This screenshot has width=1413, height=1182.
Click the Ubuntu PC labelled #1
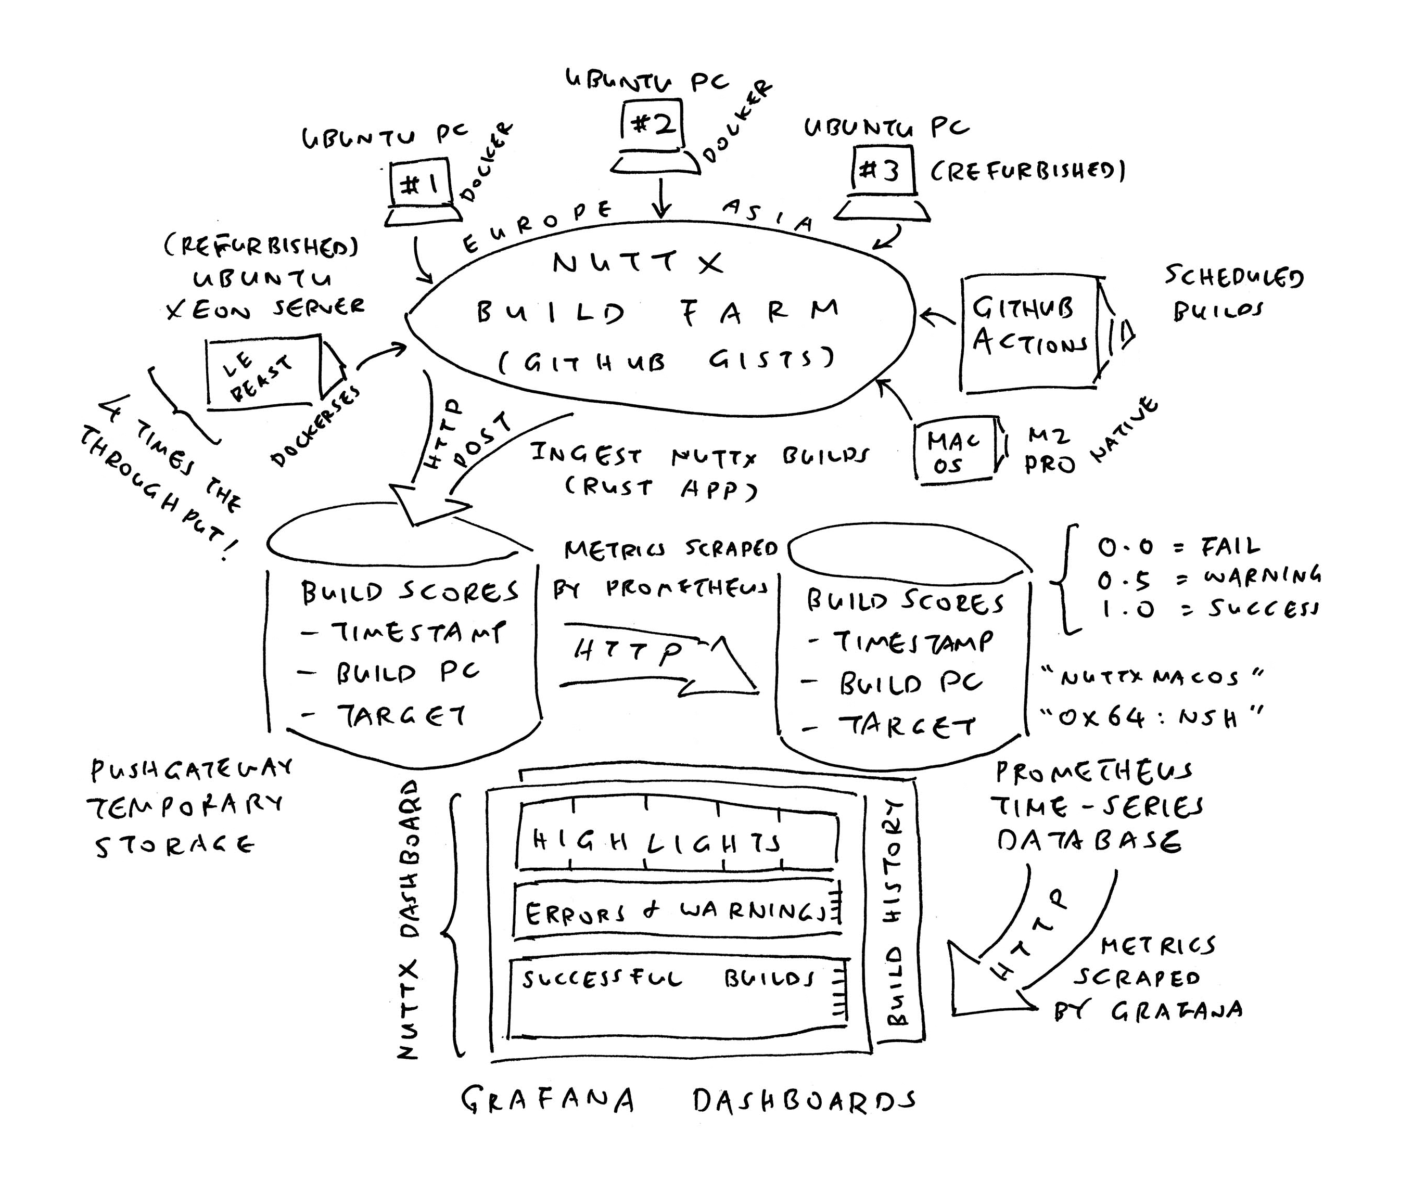pyautogui.click(x=421, y=185)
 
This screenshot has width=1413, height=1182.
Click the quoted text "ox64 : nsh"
pyautogui.click(x=1151, y=718)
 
